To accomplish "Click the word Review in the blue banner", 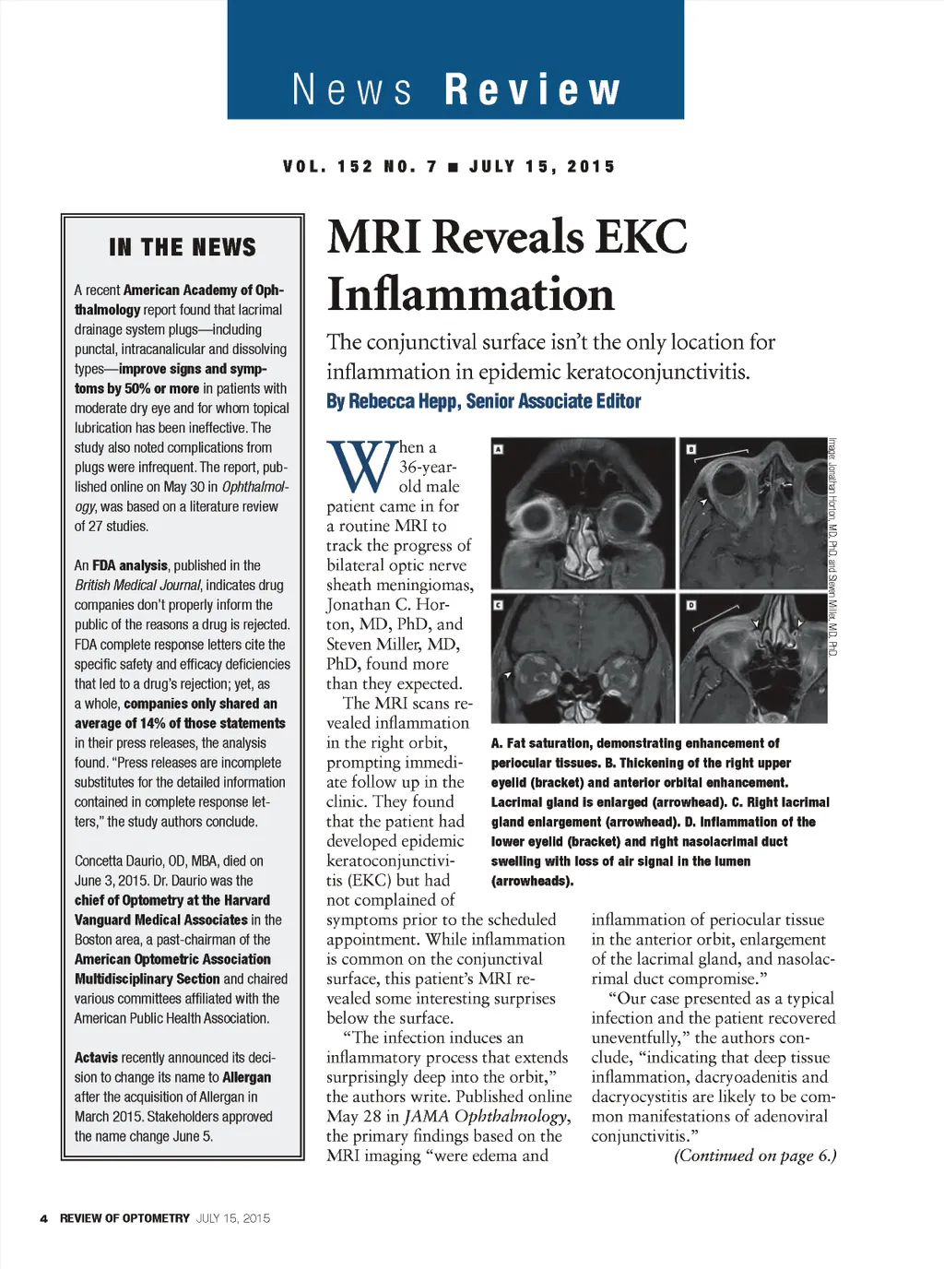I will point(533,89).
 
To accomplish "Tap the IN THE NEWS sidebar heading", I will point(183,247).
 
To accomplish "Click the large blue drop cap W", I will point(360,468).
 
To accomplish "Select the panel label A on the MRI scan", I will point(499,449).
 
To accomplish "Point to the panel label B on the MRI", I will point(690,450).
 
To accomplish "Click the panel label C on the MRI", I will point(499,605).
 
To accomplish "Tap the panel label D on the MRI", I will point(690,605).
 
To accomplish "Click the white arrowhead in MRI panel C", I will point(507,676).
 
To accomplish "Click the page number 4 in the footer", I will point(43,1218).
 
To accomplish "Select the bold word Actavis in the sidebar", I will point(96,1058).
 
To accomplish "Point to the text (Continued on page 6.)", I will point(755,1156).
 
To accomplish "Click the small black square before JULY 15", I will point(453,167).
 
